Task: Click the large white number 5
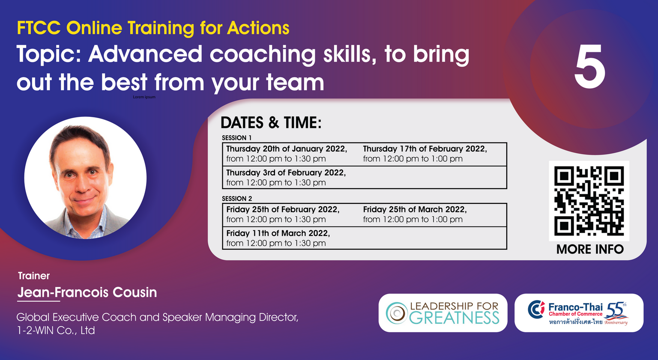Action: coord(589,67)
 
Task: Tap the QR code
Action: coord(589,201)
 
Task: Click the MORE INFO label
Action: coord(590,249)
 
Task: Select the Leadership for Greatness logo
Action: coord(443,313)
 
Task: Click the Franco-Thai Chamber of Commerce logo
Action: coord(579,313)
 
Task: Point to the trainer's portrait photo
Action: coord(85,178)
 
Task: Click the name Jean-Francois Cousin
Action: coord(87,292)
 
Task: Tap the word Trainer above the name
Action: coord(34,276)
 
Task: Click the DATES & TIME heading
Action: coord(271,122)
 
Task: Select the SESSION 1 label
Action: coord(237,138)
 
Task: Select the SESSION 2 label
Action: coord(237,199)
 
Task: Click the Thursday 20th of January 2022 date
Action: coord(287,149)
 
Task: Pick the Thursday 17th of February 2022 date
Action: coord(425,149)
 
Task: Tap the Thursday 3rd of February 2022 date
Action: coord(286,173)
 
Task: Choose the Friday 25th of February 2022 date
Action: coord(283,210)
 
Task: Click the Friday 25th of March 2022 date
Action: coord(415,210)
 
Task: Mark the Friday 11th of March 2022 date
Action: coord(278,233)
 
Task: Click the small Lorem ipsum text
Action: coord(144,97)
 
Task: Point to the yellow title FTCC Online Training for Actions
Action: coord(153,28)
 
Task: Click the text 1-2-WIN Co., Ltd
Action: coord(56,330)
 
